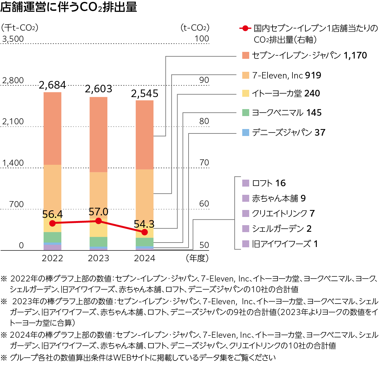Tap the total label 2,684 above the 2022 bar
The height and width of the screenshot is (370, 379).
click(52, 85)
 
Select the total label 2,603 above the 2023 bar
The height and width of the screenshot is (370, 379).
click(99, 89)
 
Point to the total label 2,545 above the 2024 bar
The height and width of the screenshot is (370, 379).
click(145, 94)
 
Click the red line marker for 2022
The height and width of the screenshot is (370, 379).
click(52, 223)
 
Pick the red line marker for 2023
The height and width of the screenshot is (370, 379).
click(99, 221)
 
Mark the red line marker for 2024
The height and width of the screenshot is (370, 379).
click(145, 232)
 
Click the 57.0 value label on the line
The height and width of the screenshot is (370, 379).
click(99, 212)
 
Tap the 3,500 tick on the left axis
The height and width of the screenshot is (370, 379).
click(13, 39)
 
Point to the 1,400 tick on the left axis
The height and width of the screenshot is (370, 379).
click(13, 163)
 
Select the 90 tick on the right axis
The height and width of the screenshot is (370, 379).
click(204, 80)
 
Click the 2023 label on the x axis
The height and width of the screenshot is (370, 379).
click(99, 258)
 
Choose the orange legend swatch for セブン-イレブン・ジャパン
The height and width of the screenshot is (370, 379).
click(246, 55)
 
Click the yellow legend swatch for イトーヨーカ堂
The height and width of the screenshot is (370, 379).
click(246, 93)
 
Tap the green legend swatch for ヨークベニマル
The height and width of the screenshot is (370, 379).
click(246, 113)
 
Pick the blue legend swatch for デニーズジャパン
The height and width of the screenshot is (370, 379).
click(246, 133)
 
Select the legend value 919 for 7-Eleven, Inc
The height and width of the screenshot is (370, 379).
click(313, 75)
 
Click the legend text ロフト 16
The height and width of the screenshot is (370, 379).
click(269, 183)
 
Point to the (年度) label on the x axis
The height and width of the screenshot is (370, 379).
click(197, 258)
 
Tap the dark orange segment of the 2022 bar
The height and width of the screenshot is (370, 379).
click(52, 128)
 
